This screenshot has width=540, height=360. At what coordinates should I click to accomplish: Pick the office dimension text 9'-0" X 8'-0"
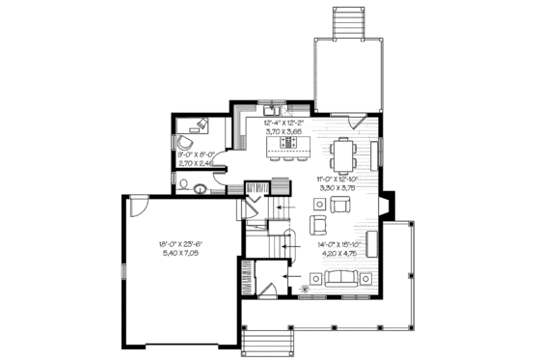(199, 154)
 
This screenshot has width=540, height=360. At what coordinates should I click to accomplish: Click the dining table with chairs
(345, 151)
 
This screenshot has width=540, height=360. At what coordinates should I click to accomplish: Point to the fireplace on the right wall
(387, 206)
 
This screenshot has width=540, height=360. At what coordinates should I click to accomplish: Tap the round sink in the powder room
(197, 187)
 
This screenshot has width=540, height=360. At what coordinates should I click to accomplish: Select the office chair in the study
(186, 140)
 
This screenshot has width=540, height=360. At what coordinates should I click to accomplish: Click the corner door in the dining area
(357, 123)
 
